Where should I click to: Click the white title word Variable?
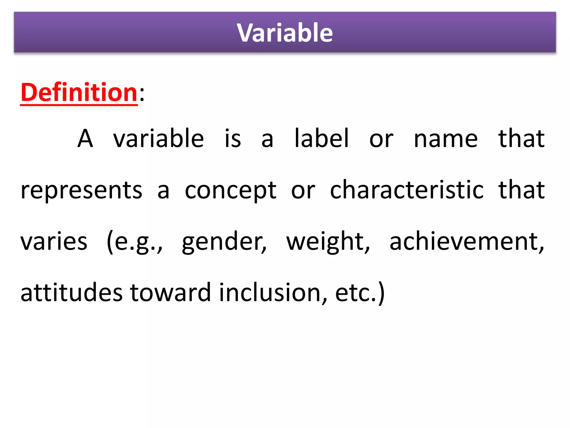285,33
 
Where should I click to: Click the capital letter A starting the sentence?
85,138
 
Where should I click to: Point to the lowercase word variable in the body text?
158,138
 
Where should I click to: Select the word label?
321,138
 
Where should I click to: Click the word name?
446,139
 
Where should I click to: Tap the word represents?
82,191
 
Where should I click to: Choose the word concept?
230,191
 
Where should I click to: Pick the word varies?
54,242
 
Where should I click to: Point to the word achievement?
466,242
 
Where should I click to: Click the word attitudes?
72,293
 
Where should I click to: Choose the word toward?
170,293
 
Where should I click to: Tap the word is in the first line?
233,138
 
